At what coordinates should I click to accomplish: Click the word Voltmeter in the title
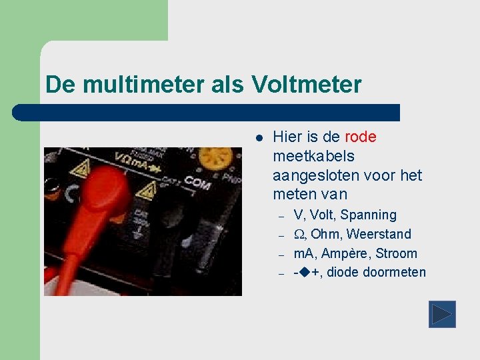click(307, 85)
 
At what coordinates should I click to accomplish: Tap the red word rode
click(361, 137)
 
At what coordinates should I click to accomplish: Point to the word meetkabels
click(313, 157)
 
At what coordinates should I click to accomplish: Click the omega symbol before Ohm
click(299, 235)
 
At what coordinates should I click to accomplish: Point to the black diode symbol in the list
click(304, 273)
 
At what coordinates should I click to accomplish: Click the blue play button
click(441, 314)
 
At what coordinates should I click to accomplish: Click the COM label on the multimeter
click(197, 182)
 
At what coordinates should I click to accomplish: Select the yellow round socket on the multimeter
click(215, 160)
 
